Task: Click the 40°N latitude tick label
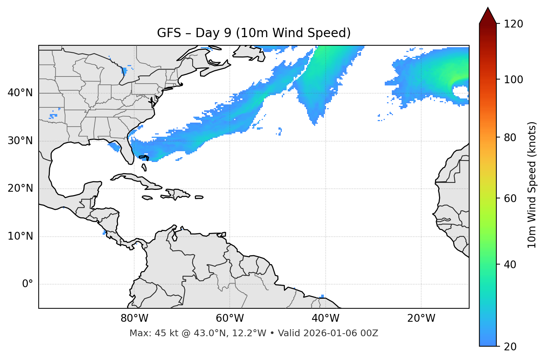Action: click(x=20, y=93)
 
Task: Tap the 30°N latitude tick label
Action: click(x=20, y=141)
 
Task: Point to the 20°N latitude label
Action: click(x=20, y=188)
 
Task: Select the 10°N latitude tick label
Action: click(x=20, y=236)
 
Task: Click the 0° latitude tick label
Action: click(x=27, y=284)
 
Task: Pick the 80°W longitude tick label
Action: click(x=134, y=318)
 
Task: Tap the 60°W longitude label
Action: click(x=230, y=318)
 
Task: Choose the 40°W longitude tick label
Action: click(x=325, y=318)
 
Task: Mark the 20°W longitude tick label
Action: click(x=421, y=318)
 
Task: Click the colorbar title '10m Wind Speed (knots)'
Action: click(x=532, y=185)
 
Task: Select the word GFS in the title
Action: click(x=167, y=33)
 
